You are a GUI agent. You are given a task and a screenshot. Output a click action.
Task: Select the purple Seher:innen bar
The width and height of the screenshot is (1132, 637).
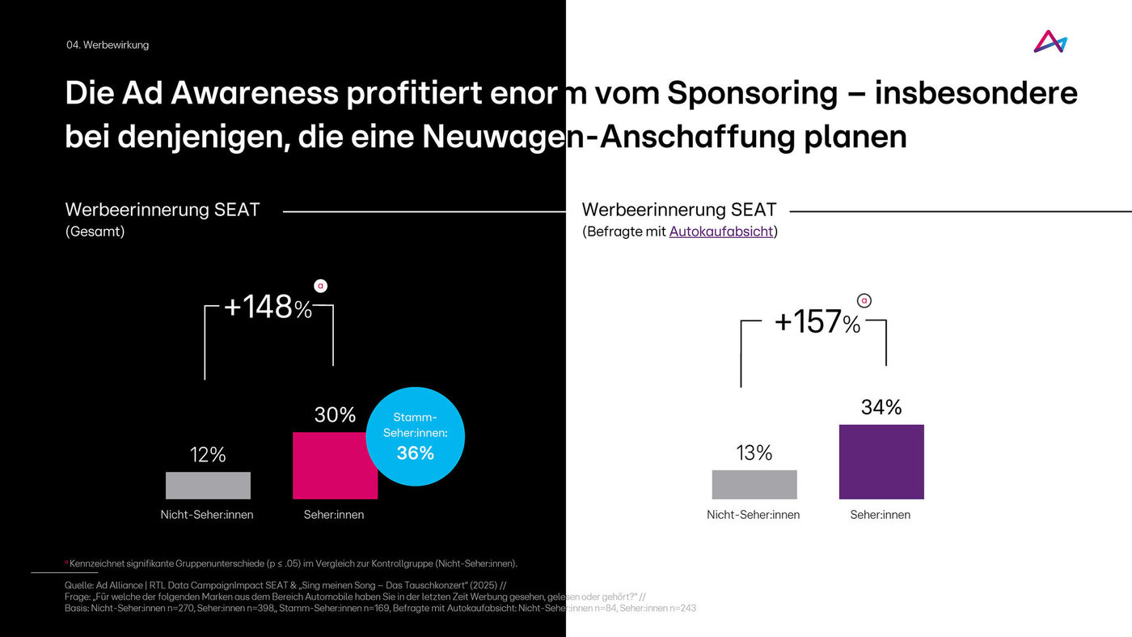pos(881,461)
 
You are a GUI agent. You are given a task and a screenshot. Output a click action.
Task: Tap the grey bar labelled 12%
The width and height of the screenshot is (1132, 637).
pos(208,485)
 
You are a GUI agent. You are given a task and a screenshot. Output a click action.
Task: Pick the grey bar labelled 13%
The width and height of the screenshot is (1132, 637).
pos(754,484)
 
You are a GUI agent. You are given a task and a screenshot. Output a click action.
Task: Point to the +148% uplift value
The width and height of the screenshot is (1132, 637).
pos(267,308)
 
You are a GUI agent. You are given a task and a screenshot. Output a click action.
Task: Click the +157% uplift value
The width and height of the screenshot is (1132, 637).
pos(817,322)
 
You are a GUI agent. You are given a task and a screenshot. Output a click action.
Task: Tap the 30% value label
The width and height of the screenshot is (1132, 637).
pos(335,415)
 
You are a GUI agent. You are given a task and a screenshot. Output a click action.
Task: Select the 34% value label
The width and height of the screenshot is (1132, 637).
pos(881,407)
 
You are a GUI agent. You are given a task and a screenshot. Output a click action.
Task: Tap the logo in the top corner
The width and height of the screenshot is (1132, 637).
pos(1050,42)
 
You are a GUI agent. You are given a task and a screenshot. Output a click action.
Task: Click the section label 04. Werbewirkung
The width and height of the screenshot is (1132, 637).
pos(108,45)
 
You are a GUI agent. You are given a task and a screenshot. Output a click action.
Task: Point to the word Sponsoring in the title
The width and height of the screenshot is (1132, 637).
pos(752,94)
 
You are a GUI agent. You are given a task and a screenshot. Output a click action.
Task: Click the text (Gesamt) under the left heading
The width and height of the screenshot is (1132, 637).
pos(95,232)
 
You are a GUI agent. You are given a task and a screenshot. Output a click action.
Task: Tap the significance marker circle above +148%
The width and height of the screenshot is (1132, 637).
pos(321,285)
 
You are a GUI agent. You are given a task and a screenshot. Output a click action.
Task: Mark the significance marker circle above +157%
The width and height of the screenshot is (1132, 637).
pos(864,301)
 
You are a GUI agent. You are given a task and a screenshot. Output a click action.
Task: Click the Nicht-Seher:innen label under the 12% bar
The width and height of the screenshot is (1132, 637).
pos(207,515)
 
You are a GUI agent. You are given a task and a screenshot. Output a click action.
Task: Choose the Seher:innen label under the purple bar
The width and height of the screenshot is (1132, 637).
pos(881,515)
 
